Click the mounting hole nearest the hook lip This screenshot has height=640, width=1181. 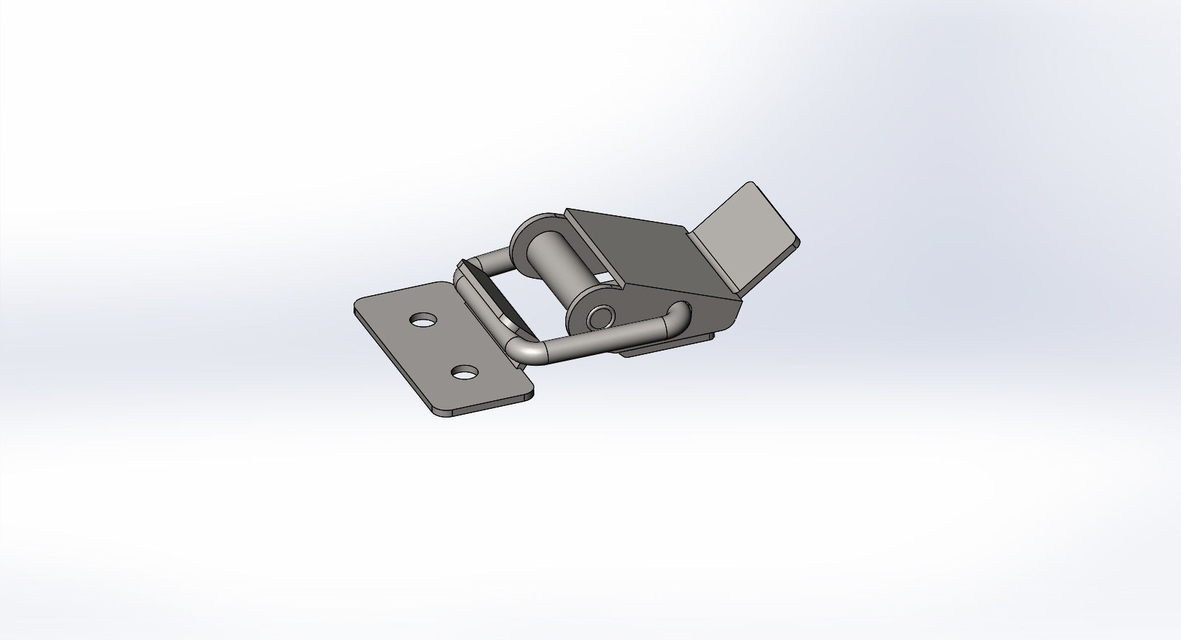[x=423, y=320]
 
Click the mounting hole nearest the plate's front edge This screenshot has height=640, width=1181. [x=464, y=373]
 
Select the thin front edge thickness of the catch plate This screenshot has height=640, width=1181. [x=490, y=405]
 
